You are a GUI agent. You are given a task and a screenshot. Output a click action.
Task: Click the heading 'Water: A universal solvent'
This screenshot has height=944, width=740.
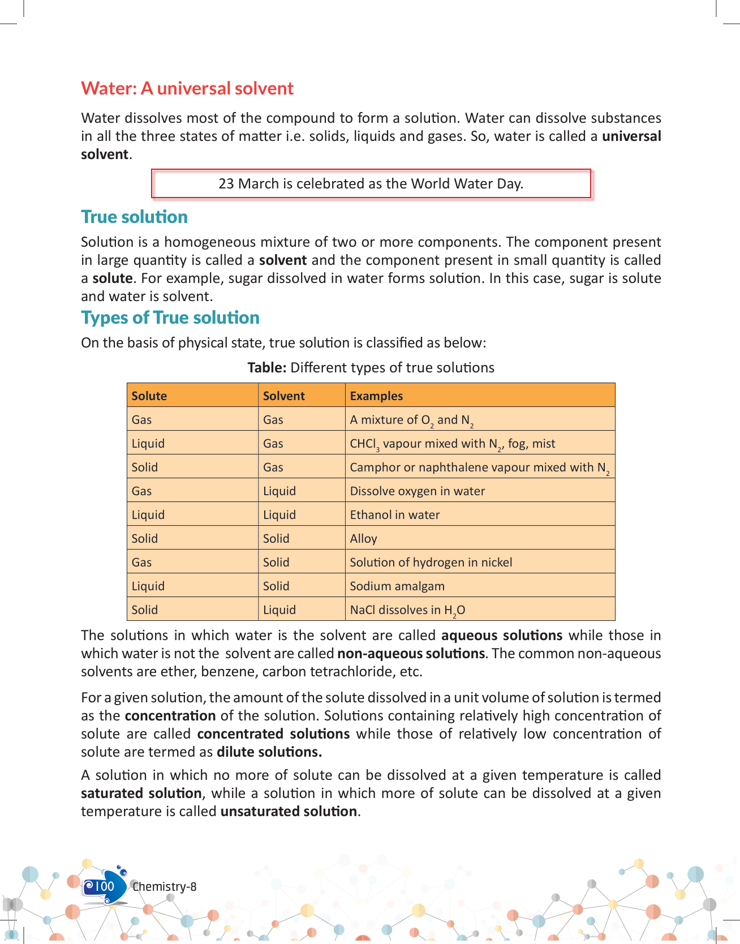pos(187,89)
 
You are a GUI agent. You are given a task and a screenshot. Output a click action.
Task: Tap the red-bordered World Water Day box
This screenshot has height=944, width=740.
pos(371,184)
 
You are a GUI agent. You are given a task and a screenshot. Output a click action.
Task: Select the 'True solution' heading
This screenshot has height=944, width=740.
pos(134,217)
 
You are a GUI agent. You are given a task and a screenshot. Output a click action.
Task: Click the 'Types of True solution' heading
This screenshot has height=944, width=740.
pos(170,318)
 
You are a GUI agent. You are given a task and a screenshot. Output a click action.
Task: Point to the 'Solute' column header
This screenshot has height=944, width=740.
pos(149,396)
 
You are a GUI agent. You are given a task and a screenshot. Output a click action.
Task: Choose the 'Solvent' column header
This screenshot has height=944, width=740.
pos(284,396)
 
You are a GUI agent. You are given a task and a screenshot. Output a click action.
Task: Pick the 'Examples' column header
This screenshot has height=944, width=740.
pos(376,396)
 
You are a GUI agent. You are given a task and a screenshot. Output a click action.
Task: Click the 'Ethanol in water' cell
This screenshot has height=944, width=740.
pos(395,515)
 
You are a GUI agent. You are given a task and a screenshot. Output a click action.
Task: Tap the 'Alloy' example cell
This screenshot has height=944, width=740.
pos(363,539)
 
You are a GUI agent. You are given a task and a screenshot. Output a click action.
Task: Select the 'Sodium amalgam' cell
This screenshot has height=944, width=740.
pos(397,586)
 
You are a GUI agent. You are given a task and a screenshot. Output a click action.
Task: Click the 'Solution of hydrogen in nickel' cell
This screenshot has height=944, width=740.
pos(431,563)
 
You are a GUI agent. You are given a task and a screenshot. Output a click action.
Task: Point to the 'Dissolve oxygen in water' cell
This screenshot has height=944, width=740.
pos(418,491)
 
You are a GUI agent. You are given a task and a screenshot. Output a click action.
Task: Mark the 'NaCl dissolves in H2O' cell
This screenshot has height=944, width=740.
pos(407,610)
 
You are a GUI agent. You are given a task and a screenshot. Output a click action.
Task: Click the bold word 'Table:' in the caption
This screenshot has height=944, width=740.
pos(267,368)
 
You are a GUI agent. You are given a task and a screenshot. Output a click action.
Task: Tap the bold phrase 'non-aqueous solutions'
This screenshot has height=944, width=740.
pos(411,654)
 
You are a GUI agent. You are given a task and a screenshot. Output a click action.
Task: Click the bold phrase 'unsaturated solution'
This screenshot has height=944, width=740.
pos(289,812)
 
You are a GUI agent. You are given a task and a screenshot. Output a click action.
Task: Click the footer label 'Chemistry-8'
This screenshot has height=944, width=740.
pos(165,887)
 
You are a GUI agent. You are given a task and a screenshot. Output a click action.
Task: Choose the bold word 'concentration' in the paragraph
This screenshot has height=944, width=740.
pos(170,716)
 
